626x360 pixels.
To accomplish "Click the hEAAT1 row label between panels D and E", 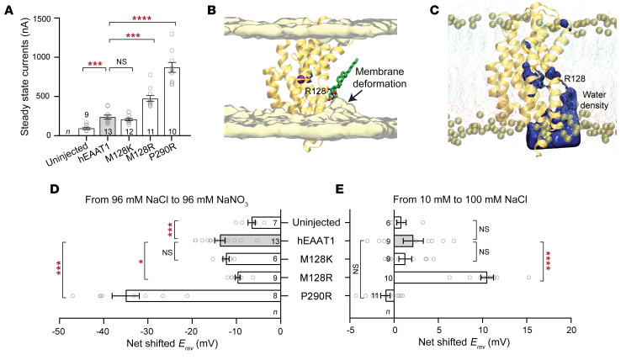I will pos(309,241).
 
